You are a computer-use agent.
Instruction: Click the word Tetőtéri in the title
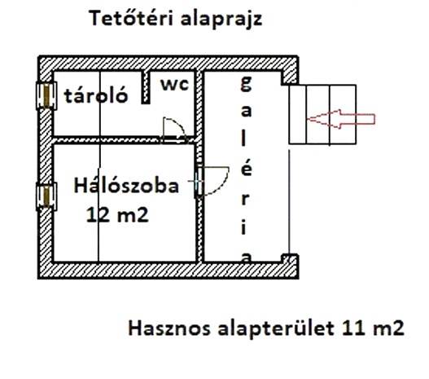131,18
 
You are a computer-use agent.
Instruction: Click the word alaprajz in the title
221,20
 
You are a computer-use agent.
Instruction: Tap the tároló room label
96,95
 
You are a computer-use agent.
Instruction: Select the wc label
175,84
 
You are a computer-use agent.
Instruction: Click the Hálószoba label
126,186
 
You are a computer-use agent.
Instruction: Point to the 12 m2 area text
117,214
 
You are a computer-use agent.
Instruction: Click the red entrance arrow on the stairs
340,119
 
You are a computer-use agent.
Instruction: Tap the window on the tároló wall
46,95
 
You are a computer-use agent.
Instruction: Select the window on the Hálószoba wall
46,196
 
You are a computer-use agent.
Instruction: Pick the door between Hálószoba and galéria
211,181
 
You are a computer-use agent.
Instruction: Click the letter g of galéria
246,83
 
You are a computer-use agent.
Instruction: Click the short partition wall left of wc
146,87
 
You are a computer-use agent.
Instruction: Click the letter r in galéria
245,200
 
